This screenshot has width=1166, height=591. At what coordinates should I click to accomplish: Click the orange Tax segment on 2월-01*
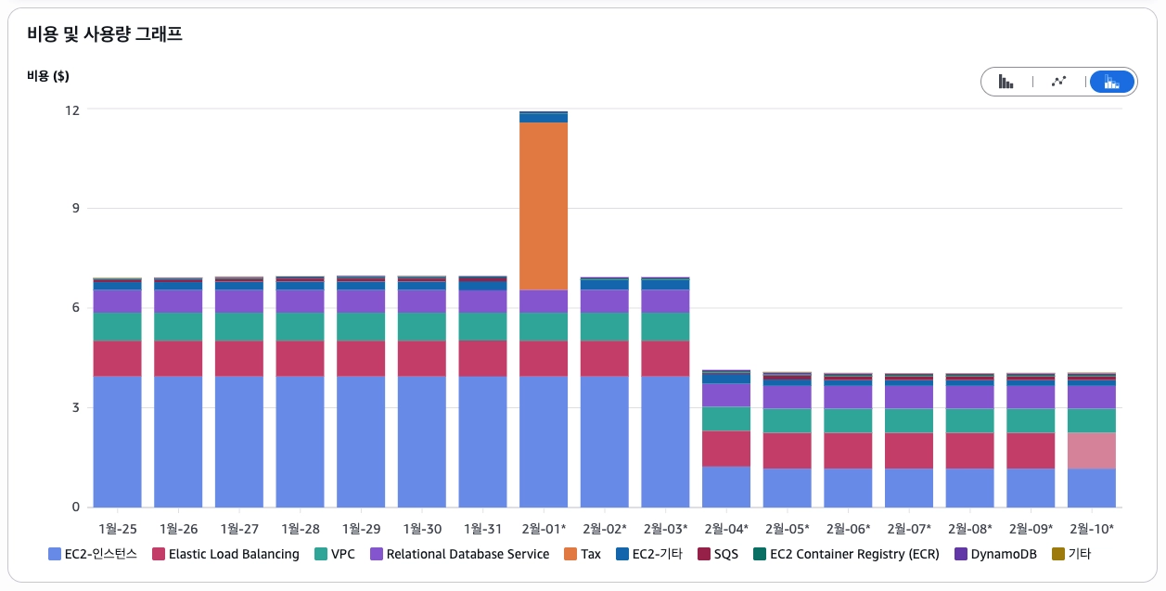coord(544,206)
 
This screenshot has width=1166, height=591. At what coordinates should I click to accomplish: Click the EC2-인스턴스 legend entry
coord(93,555)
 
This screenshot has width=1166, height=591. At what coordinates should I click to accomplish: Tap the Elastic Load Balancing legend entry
coord(225,555)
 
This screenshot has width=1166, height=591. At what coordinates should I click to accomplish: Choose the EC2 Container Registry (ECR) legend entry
coord(845,555)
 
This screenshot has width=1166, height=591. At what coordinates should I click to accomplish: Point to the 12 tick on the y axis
coord(71,109)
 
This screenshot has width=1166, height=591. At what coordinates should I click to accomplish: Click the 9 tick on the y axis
coord(75,209)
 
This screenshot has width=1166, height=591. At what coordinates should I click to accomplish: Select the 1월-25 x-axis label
coord(117,529)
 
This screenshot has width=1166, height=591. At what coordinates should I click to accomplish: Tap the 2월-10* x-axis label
coord(1091,529)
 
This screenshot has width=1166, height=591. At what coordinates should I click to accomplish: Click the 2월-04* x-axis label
coord(725,529)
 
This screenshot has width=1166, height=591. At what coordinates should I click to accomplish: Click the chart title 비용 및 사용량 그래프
coord(105,35)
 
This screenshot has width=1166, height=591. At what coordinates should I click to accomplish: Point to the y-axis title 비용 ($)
coord(48,75)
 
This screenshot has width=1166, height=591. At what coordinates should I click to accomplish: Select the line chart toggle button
coord(1058,82)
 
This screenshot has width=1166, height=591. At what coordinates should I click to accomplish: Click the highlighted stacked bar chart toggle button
coord(1111,82)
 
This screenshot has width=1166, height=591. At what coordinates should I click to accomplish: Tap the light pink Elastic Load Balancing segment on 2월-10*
coord(1091,451)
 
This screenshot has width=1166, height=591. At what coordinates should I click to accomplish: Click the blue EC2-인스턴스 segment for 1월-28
coord(300,441)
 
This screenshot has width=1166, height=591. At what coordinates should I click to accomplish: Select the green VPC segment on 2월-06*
coord(848,420)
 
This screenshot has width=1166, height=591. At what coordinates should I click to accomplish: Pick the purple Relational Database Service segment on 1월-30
coord(422,302)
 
